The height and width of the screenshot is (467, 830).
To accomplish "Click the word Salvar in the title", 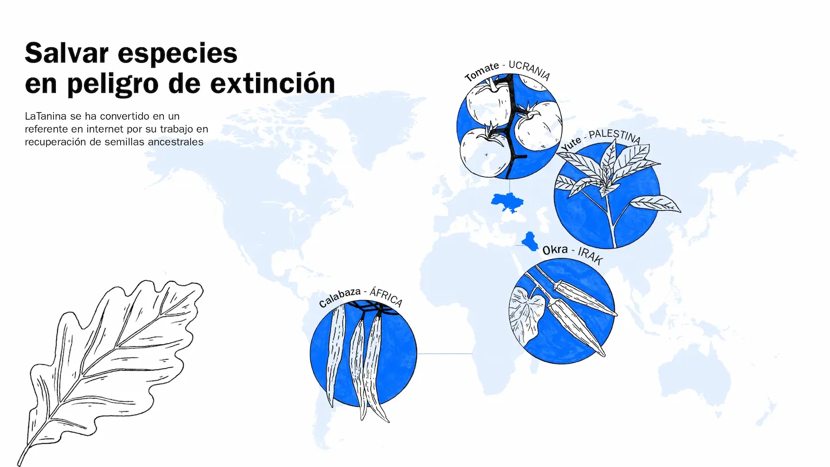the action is [66, 53].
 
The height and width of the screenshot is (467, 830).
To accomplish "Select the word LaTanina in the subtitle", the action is [45, 116].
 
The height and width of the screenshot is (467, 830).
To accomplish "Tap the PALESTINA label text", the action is [615, 136].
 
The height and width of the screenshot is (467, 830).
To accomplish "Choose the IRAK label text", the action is [590, 256].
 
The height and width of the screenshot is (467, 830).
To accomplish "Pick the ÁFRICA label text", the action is [386, 297].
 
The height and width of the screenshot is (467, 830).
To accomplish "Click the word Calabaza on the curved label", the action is [339, 298].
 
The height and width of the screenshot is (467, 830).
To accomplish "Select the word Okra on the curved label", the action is [555, 250].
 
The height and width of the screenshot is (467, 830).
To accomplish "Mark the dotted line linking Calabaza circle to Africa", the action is [445, 354].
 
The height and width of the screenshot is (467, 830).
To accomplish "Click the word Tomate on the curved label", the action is [482, 71].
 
